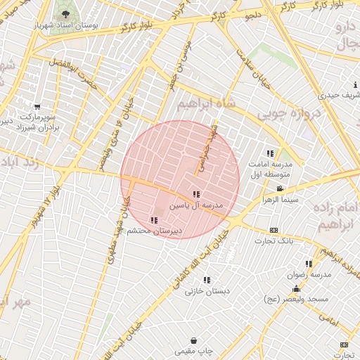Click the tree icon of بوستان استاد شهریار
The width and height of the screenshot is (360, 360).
point(65,14)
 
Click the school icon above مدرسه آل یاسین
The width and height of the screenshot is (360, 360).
point(196,194)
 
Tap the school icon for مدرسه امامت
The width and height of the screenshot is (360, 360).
point(270,153)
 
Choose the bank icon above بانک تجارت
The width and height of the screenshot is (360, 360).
point(274,230)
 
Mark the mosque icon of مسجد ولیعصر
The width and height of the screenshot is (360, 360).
point(296,289)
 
